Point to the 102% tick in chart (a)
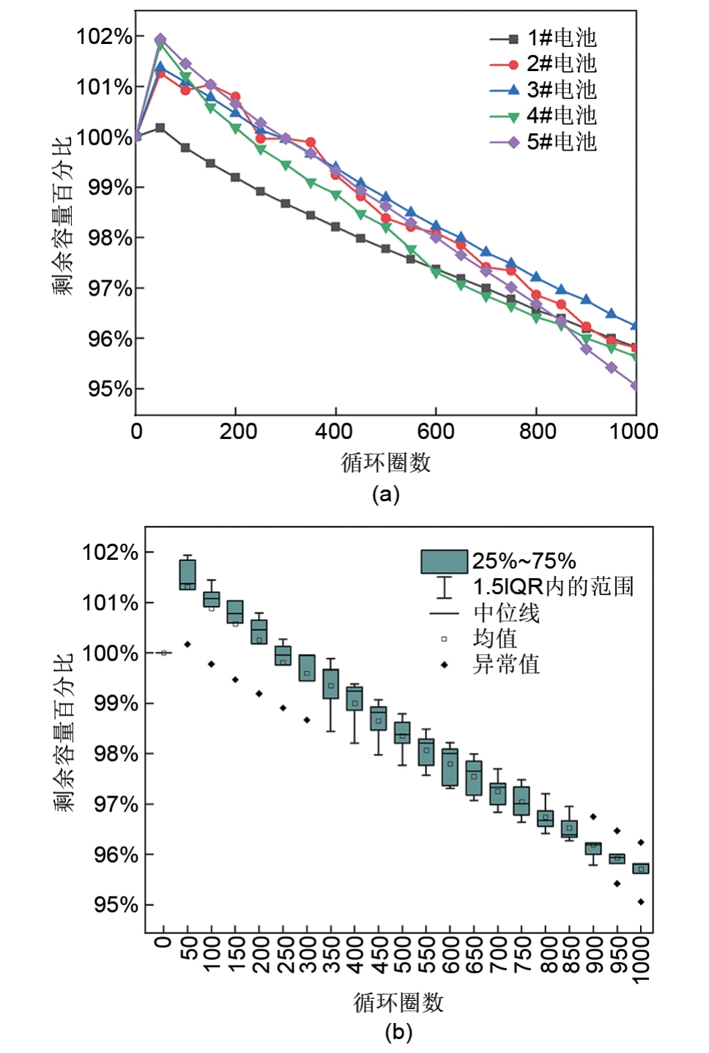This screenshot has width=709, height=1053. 105,37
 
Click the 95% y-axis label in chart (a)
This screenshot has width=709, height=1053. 111,389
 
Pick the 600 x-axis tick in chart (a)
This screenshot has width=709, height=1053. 436,431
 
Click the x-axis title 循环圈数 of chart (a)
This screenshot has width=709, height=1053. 385,462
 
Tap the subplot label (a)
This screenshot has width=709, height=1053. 386,495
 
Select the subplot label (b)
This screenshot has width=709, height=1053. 398,1033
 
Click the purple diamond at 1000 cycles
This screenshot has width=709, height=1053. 636,386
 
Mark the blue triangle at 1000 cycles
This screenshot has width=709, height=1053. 636,325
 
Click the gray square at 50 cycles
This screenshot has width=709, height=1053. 160,128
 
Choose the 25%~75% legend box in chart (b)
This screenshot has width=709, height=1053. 444,561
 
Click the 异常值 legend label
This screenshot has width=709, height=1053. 506,664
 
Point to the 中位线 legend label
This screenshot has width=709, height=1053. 506,612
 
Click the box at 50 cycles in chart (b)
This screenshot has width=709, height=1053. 188,575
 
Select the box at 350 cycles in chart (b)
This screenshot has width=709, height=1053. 331,683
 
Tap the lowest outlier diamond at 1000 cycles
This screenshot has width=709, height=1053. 641,902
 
